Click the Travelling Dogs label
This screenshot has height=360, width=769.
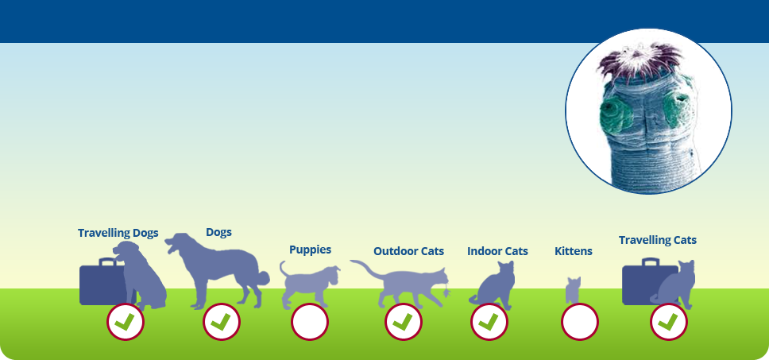click(x=118, y=233)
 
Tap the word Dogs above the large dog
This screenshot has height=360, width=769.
click(x=218, y=232)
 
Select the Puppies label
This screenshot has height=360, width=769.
click(x=310, y=250)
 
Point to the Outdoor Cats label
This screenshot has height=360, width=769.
click(x=408, y=251)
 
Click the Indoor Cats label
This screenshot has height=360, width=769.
click(x=497, y=251)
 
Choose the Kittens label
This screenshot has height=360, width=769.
click(x=574, y=251)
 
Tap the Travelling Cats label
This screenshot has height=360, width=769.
click(x=657, y=240)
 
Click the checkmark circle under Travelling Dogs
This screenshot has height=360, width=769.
click(x=125, y=322)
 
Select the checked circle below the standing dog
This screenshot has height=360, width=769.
click(x=221, y=322)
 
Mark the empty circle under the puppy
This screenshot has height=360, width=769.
click(x=310, y=322)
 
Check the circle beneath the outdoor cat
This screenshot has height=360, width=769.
click(x=403, y=322)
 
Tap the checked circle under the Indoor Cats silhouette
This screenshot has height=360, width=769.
click(x=489, y=322)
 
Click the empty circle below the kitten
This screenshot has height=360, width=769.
click(x=580, y=322)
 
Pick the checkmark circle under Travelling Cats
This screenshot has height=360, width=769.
click(x=668, y=322)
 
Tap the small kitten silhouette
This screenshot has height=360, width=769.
click(x=573, y=290)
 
